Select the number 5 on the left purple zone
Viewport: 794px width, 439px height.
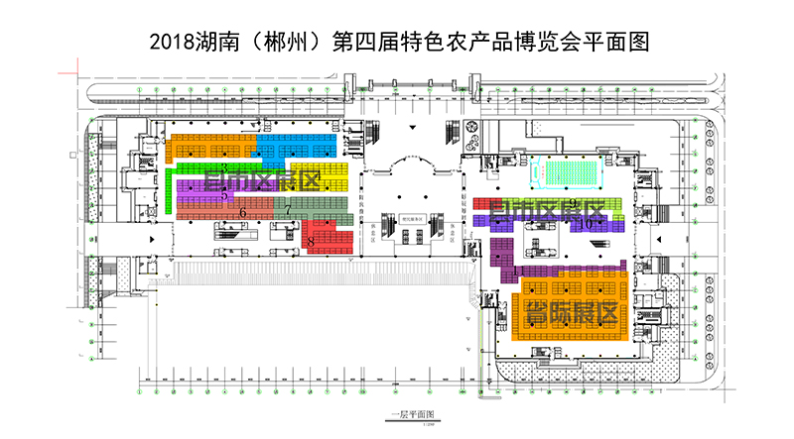pos(224,195)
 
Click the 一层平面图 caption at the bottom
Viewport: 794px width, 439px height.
pos(407,414)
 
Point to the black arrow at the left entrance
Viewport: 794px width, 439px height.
pos(152,240)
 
